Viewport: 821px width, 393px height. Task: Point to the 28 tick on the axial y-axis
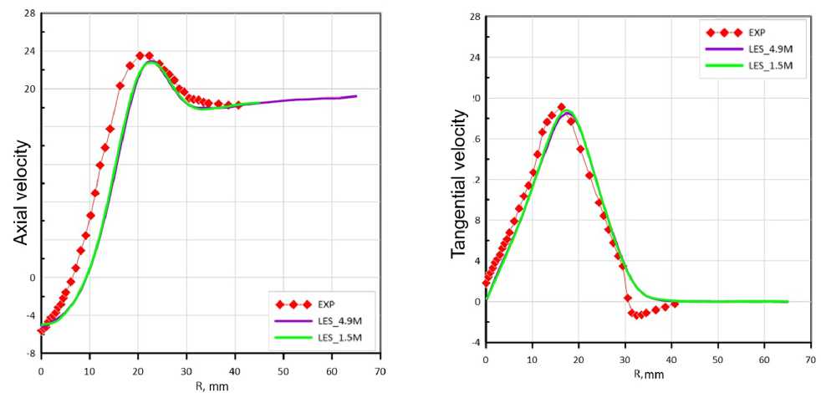(29, 13)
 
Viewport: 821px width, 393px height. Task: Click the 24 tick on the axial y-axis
(29, 51)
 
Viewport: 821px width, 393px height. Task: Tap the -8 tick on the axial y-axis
(29, 354)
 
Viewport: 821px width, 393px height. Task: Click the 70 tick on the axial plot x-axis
(380, 368)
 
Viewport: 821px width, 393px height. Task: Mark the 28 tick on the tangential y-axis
(472, 17)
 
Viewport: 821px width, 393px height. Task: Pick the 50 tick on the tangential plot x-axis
(717, 360)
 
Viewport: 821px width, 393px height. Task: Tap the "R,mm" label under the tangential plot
(647, 374)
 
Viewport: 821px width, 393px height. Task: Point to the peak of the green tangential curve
(569, 110)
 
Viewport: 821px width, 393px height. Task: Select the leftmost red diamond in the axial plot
(41, 330)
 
